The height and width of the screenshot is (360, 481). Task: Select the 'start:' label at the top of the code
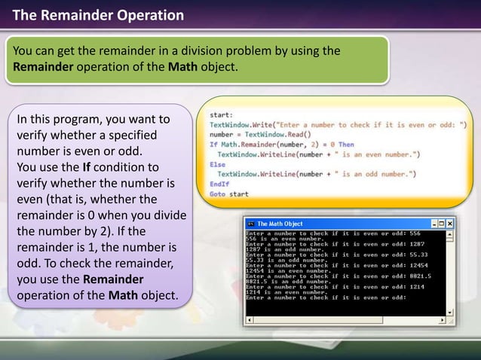221,114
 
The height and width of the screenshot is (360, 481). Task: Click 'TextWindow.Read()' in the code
283,134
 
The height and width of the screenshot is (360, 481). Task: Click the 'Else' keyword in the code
217,163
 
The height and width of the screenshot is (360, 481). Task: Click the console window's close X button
450,224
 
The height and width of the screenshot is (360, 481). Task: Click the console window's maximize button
443,224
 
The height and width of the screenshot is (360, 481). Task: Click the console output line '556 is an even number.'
287,239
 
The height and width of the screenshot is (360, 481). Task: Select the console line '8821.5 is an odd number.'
290,282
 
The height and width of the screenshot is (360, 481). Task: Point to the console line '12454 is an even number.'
290,271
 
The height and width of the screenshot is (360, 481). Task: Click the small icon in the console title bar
251,224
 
